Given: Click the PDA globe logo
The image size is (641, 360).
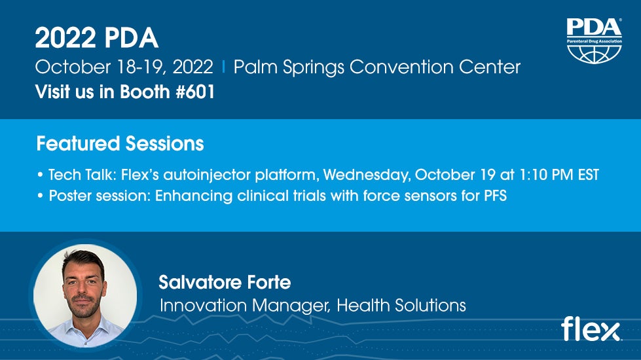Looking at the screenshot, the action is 594,41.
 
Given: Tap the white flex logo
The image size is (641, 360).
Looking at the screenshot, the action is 591,329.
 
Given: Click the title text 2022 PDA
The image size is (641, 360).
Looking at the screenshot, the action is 96,38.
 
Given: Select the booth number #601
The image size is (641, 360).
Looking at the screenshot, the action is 195,92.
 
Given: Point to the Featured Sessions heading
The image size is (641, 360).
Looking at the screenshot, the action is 120,143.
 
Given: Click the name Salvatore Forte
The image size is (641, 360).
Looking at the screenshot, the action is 225,282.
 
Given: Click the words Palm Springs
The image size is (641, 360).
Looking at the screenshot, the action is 289,67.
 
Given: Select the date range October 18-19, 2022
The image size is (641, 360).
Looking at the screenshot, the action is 124,67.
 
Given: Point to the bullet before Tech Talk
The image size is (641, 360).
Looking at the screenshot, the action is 40,175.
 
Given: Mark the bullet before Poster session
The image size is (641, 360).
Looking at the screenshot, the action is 40,196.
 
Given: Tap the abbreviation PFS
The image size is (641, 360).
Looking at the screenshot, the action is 496,196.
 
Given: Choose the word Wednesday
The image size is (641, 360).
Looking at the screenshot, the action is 367,175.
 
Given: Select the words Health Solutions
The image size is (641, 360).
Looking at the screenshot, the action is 401,305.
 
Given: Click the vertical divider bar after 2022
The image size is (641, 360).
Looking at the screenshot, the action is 224,67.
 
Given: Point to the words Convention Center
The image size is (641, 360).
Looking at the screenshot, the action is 435,67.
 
